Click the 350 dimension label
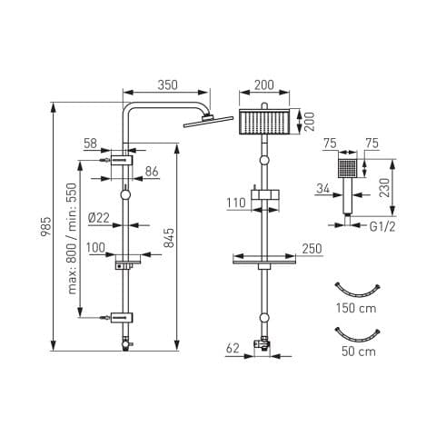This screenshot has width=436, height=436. point(167,84)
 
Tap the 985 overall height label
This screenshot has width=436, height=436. point(45,227)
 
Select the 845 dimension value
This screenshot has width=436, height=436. point(169,237)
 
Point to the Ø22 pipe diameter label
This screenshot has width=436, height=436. point(99,218)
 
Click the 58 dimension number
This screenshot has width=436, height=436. point(90,144)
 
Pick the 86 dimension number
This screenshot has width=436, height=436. point(152,172)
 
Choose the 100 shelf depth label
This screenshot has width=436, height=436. point(95,248)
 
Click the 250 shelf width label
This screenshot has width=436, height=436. point(312,249)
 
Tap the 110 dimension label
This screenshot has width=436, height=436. point(236,203)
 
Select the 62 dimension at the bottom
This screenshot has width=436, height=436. point(233,348)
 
